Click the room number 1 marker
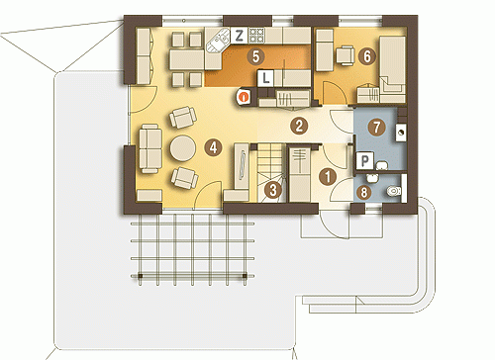coord(328,177)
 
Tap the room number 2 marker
coord(299,126)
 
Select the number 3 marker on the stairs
coord(273,190)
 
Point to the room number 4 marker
coord(213,147)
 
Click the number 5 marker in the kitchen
coord(255,56)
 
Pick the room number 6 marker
coord(367,56)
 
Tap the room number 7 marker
coord(376,127)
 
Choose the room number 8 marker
coord(364,192)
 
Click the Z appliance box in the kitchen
coord(239,36)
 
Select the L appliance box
coord(265,78)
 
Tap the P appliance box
coord(365,160)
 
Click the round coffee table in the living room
coord(183,148)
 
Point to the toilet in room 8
coord(393,191)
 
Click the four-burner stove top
coord(256,36)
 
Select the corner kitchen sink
coord(218,41)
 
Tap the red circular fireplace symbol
coord(244,97)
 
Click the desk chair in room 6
coord(346,55)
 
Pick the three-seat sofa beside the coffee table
coord(150,148)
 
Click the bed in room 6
coord(392,69)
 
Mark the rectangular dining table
coord(187,59)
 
